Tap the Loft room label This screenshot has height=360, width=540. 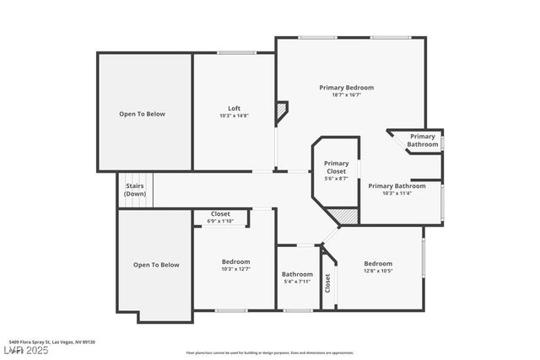235,108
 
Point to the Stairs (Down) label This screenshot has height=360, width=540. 135,190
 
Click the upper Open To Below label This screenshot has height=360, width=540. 142,114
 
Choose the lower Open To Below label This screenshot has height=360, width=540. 156,265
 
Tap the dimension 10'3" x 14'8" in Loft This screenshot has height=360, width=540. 235,116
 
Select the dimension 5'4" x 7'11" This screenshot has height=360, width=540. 297,282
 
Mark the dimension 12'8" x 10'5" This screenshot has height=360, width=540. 378,271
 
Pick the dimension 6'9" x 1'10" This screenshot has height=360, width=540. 220,222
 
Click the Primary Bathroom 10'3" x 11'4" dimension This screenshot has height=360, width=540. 397,194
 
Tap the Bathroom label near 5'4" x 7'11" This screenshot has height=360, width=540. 297,274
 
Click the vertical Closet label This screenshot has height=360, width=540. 327,282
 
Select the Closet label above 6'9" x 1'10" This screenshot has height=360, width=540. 220,214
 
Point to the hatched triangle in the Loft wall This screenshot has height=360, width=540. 281,110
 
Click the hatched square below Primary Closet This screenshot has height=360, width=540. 347,216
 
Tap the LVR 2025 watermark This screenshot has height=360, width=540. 25,350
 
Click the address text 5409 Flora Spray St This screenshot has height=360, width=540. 52,341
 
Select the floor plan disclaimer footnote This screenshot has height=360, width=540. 270,352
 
